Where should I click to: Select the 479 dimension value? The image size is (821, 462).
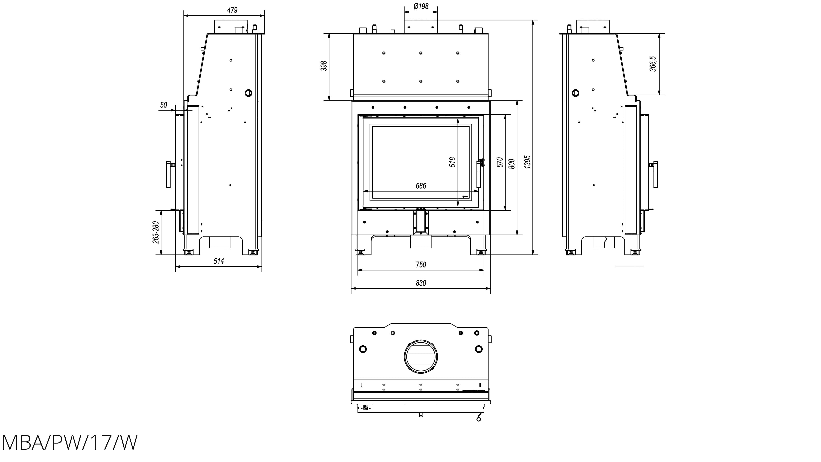coord(232,10)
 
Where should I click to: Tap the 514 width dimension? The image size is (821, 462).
coord(219,261)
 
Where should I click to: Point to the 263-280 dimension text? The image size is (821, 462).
coord(156,232)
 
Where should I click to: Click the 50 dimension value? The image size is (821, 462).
coord(163,105)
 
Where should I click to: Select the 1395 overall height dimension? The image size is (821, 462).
coord(528,162)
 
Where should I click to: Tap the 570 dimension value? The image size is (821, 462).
coord(500,162)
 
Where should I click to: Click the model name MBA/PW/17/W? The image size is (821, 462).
coord(70,443)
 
